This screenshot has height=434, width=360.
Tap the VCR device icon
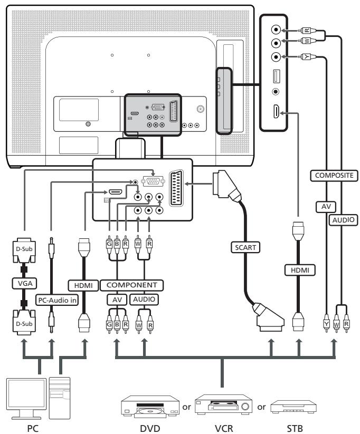[221, 406]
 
